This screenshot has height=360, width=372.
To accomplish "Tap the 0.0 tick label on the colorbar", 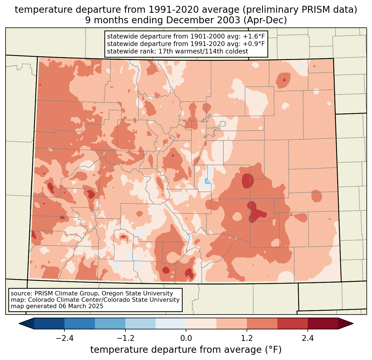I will pos(186,338).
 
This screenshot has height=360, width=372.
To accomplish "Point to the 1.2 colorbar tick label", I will pos(247,338).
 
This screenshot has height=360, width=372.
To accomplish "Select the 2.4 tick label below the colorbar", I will pos(308,338).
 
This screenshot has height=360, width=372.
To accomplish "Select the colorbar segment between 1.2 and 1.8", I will pos(262,323).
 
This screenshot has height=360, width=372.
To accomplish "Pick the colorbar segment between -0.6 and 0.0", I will pos(171,323).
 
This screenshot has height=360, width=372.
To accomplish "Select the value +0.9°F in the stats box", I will pos(254,44).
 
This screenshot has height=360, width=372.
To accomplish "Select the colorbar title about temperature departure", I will pos(186,350).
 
